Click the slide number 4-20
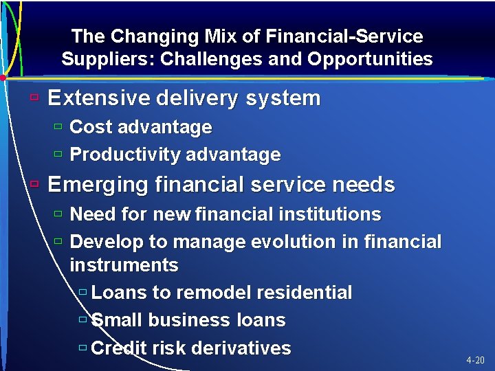475,360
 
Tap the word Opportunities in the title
370,59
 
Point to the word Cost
91,127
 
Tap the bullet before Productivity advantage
58,155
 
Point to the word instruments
124,265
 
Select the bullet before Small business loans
82,319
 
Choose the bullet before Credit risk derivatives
82,348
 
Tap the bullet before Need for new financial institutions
58,214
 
